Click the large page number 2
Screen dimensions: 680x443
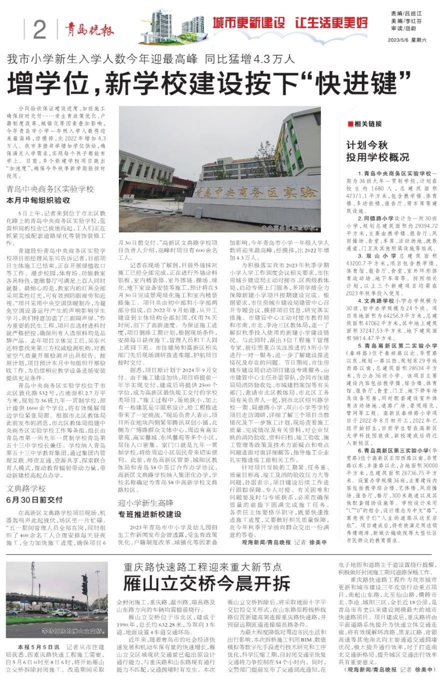(40, 30)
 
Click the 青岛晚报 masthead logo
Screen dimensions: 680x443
(89, 30)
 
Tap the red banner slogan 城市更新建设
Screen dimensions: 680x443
(249, 22)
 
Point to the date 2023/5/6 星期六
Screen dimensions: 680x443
(407, 40)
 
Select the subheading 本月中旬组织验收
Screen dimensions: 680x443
(38, 200)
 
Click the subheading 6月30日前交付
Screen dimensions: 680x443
(34, 500)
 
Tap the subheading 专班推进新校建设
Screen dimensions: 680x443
(149, 514)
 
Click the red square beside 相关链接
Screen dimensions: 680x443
(351, 124)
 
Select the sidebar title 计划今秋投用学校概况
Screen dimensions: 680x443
(377, 151)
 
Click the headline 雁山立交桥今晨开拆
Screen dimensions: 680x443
(207, 583)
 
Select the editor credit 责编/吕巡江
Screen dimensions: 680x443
(406, 14)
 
